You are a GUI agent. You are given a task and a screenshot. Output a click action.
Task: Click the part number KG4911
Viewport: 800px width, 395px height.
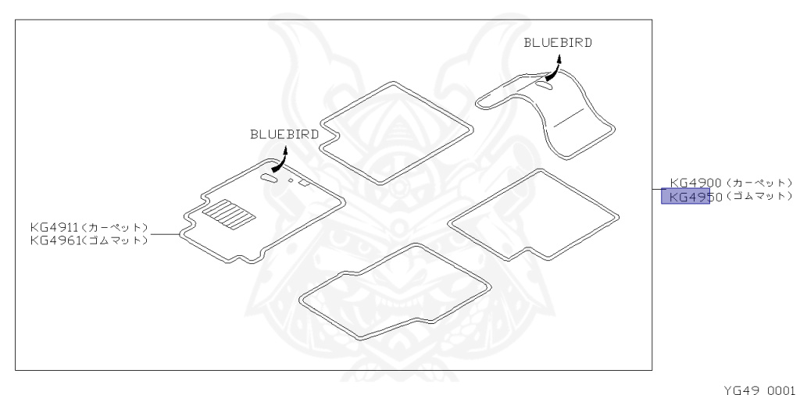point(49,227)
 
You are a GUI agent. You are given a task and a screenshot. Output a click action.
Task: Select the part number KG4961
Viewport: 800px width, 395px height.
point(49,240)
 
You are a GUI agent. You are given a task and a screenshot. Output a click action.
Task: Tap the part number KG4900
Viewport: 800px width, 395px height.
point(695,183)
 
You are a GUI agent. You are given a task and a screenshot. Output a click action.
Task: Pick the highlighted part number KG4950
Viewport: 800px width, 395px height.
point(686,196)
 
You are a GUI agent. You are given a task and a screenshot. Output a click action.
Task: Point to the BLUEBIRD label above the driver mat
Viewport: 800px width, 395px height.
point(284,134)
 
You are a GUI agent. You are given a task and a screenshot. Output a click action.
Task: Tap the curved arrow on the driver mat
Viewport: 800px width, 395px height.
point(275,162)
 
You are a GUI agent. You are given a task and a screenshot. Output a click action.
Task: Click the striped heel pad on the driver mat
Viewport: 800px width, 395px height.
point(229,212)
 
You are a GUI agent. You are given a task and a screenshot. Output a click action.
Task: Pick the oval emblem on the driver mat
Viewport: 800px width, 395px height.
point(268,179)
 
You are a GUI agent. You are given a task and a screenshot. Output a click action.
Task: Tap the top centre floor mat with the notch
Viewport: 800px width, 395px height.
point(397,133)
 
